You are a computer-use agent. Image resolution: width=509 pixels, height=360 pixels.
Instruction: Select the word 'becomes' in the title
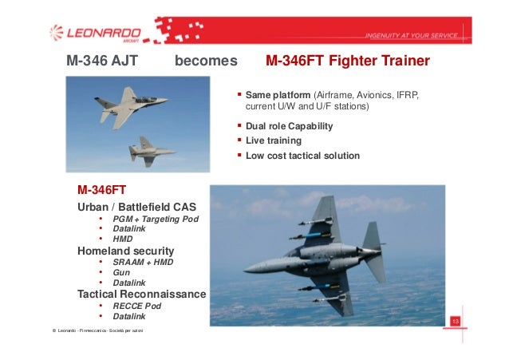click(206, 61)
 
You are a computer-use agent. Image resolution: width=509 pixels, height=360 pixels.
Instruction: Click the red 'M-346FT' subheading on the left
click(101, 191)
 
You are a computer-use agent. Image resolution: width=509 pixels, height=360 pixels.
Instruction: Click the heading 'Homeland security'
click(125, 251)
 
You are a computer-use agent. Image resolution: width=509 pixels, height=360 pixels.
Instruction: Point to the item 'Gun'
click(121, 272)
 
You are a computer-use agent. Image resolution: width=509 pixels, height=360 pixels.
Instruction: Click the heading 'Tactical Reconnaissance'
click(141, 294)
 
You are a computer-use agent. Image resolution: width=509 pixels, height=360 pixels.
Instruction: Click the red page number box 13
click(456, 321)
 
